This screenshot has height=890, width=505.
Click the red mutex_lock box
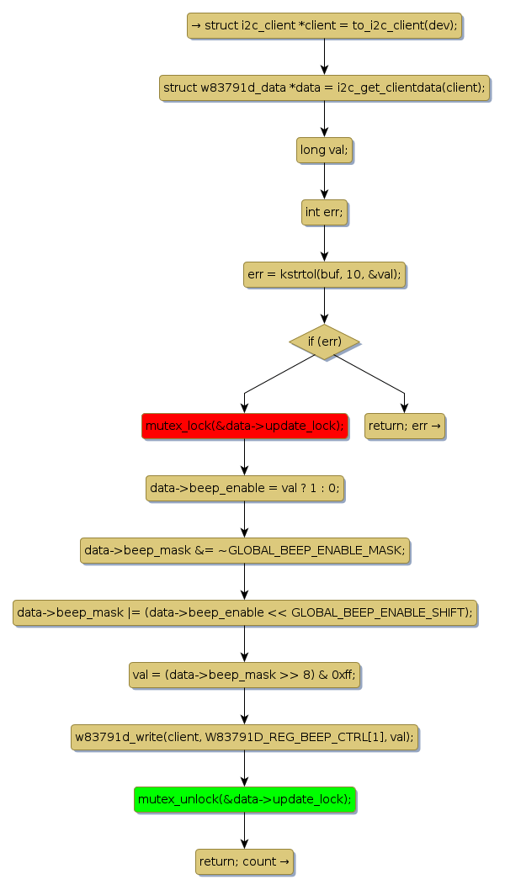pos(244,426)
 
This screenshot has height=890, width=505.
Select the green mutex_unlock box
pos(244,799)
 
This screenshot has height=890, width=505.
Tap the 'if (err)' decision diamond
pos(324,342)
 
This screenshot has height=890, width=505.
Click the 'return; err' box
pos(404,426)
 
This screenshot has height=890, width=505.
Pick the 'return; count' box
pos(244,861)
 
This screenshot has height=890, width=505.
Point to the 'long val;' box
pos(324,150)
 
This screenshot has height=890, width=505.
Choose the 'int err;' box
pos(324,212)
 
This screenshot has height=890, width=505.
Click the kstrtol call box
pos(324,274)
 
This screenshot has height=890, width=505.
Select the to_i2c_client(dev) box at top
pos(324,26)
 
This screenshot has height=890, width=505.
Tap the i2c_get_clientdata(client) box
pos(324,87)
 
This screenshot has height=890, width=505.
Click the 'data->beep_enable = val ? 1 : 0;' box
pos(244,488)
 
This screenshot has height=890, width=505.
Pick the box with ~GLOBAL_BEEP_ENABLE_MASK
pos(244,550)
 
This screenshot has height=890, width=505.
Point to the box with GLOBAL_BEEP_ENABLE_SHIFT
pos(244,612)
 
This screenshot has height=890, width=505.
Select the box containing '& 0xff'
pos(244,675)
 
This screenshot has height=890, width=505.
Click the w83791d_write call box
pos(244,737)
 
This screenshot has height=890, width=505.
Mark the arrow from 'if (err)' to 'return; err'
pos(370,375)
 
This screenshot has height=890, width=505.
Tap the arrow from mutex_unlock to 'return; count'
pos(244,830)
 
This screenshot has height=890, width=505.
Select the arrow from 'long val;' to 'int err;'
pos(324,181)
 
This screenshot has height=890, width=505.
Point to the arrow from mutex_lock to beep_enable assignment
pos(244,457)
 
